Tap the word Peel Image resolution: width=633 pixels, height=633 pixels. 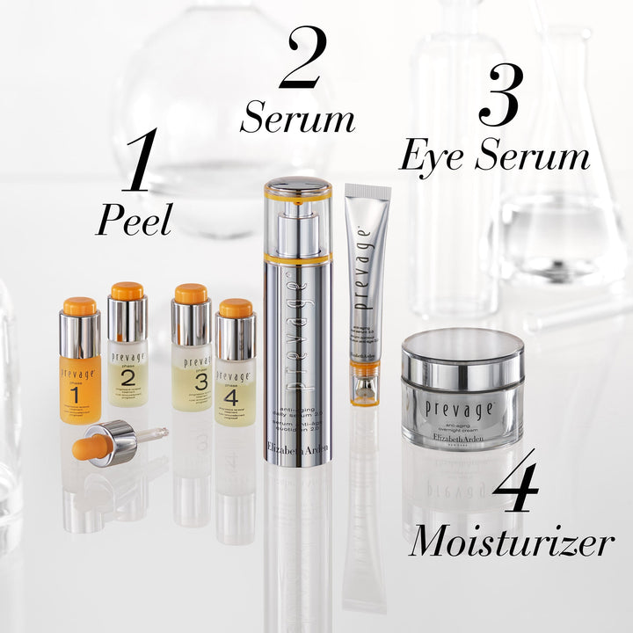(x=133, y=221)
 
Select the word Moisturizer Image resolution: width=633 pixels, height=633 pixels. (x=510, y=542)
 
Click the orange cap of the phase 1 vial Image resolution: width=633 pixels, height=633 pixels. (x=79, y=306)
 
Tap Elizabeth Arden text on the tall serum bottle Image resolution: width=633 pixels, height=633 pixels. (x=298, y=449)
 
